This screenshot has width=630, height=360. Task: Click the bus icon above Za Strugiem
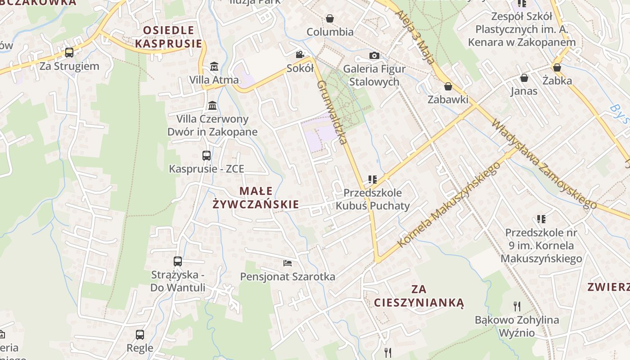[69, 53]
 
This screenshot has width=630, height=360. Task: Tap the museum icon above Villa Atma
[214, 67]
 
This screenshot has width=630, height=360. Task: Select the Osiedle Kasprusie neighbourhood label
[169, 37]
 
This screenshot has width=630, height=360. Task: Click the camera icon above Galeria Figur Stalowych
[374, 56]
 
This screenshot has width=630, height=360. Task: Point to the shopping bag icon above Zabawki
[448, 86]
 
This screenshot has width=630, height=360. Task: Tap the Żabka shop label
[557, 81]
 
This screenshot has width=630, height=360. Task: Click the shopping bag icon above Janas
[524, 78]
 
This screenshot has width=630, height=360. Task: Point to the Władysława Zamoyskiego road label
[544, 164]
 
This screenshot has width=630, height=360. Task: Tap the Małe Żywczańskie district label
[256, 198]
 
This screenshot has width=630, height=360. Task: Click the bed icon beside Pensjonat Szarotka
[288, 263]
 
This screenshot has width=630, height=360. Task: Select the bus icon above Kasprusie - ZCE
[207, 156]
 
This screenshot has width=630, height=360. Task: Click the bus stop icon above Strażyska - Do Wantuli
[178, 261]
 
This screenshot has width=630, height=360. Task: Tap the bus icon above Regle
[140, 334]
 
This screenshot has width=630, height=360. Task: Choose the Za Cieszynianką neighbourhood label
[418, 296]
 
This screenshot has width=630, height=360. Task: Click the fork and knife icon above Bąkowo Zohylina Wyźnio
[517, 306]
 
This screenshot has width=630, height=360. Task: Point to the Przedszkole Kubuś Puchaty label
[373, 199]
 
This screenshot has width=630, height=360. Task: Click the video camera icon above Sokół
[300, 55]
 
